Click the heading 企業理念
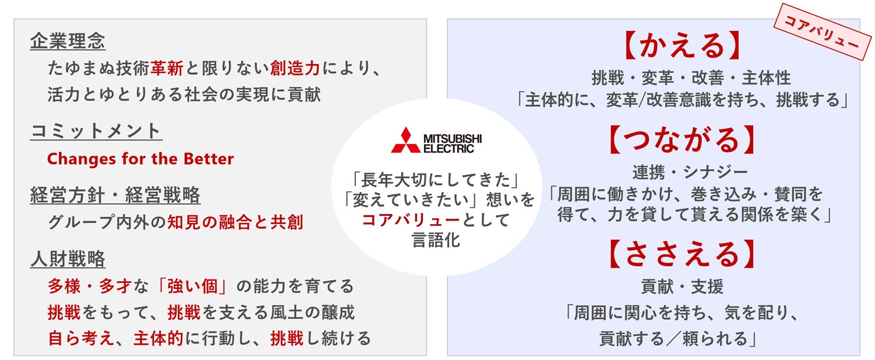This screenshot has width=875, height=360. coord(68,41)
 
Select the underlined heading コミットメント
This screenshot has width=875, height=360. coord(96,131)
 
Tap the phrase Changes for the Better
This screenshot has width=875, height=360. coord(140,159)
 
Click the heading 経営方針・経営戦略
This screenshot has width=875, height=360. coord(115,195)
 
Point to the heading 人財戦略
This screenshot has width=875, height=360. coord(68,259)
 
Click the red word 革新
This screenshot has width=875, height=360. coord(167,69)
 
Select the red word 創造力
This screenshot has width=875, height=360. coord(295,69)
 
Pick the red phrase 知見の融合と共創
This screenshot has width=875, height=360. coord(235,222)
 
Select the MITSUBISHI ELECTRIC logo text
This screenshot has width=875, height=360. coord(453,142)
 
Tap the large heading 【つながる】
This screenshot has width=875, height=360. coord(682,141)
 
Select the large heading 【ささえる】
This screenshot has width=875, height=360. coord(682,254)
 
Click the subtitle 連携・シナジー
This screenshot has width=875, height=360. coord(682,172)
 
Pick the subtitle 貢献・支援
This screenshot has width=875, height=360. coord(682,286)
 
